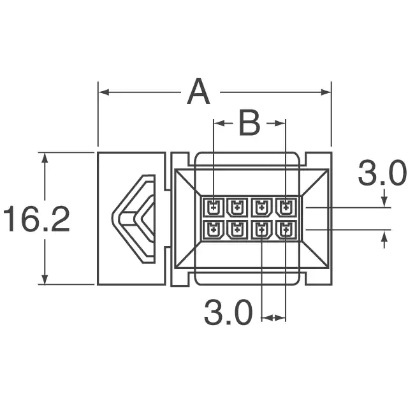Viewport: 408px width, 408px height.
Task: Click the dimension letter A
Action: (x=198, y=91)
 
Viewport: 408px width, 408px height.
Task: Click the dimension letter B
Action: (x=249, y=123)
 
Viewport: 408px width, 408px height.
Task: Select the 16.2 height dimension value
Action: (x=37, y=219)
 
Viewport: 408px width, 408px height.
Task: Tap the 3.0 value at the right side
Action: (x=382, y=173)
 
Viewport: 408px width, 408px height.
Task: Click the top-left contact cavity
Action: (x=214, y=207)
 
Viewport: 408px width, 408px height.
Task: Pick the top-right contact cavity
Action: (x=286, y=207)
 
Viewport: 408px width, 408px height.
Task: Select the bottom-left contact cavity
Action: (x=214, y=229)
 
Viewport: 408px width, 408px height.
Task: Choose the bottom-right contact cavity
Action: (x=286, y=229)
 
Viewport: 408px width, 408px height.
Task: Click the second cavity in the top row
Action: (x=237, y=207)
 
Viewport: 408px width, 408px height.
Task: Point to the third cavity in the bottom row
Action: (x=261, y=229)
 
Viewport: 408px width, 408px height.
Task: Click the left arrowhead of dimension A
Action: (x=104, y=92)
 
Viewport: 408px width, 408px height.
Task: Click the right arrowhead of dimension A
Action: (x=326, y=92)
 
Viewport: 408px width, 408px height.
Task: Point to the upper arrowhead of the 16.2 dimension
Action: (x=45, y=157)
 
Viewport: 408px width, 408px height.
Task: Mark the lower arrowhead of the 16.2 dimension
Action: (x=45, y=279)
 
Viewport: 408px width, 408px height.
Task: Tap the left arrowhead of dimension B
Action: (x=219, y=123)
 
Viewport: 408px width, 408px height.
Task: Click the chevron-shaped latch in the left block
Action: (x=134, y=219)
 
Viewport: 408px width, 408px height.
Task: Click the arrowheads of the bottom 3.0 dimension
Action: (x=273, y=317)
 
